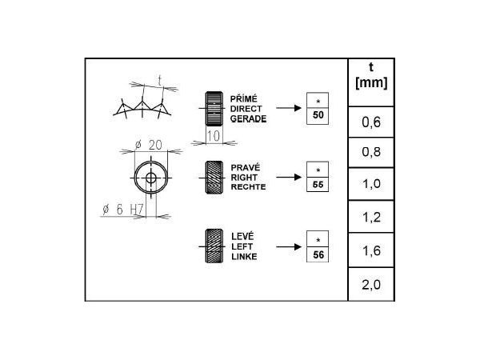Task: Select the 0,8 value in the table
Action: (x=370, y=153)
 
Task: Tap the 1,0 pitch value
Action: (x=370, y=184)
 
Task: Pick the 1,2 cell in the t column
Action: (x=370, y=215)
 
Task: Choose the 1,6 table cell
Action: (x=370, y=251)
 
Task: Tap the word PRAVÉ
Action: (x=244, y=166)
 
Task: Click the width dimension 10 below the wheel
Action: (x=214, y=137)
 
